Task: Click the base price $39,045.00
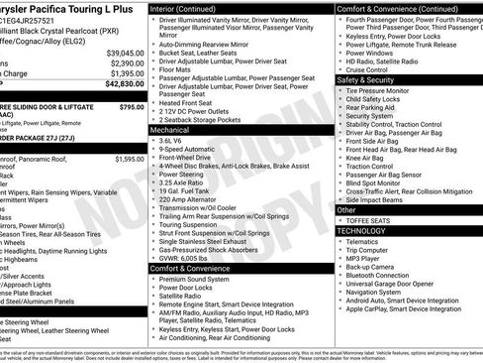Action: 125,53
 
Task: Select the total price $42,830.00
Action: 125,85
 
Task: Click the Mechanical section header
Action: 172,129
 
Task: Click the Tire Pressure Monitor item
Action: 385,90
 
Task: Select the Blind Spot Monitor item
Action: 379,182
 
